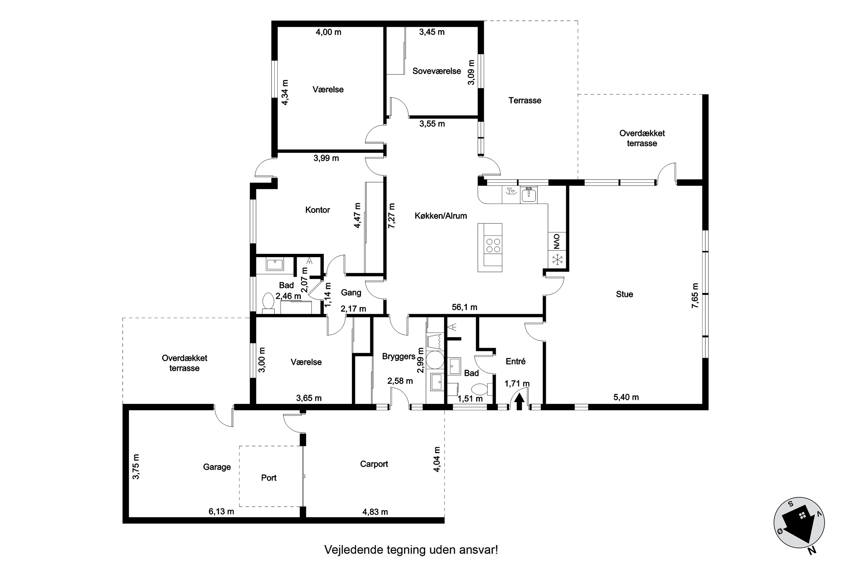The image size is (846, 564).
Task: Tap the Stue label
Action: (624, 294)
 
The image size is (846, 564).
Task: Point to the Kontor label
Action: (317, 210)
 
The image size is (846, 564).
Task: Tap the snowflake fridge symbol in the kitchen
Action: (557, 259)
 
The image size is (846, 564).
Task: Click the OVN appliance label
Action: (557, 242)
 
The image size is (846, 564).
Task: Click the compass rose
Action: (799, 523)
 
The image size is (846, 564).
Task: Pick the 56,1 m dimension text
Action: (464, 307)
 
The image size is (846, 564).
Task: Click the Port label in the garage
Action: (269, 478)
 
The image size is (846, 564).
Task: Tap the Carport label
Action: (374, 464)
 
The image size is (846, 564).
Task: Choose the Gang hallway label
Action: (351, 292)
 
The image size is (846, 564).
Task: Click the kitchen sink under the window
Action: (529, 195)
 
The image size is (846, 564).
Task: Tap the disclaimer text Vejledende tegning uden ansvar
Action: (411, 550)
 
